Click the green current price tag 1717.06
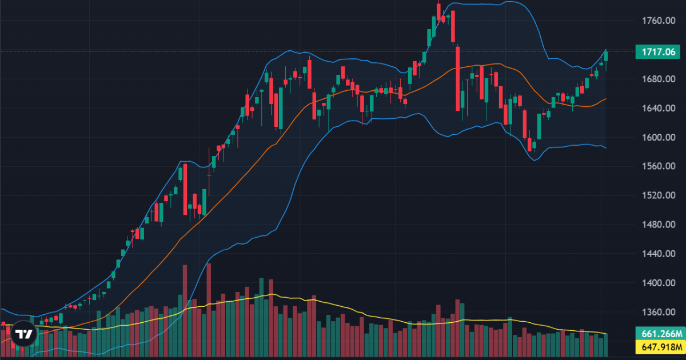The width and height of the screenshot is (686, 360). pos(659,52)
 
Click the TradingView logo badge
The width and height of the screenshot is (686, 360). pos(23,335)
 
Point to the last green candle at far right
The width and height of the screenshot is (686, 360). pos(606,56)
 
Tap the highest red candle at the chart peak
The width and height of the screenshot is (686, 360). pos(438,11)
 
